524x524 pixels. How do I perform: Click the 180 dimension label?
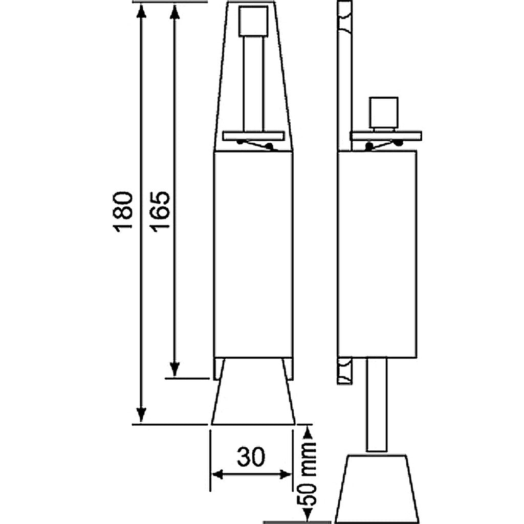[123, 212]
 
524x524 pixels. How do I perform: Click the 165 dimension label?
[160, 212]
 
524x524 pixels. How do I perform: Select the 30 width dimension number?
[251, 457]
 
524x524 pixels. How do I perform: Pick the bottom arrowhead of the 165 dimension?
[174, 369]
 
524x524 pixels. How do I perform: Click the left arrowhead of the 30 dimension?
[218, 474]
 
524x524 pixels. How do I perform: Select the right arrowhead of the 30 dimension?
[286, 474]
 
